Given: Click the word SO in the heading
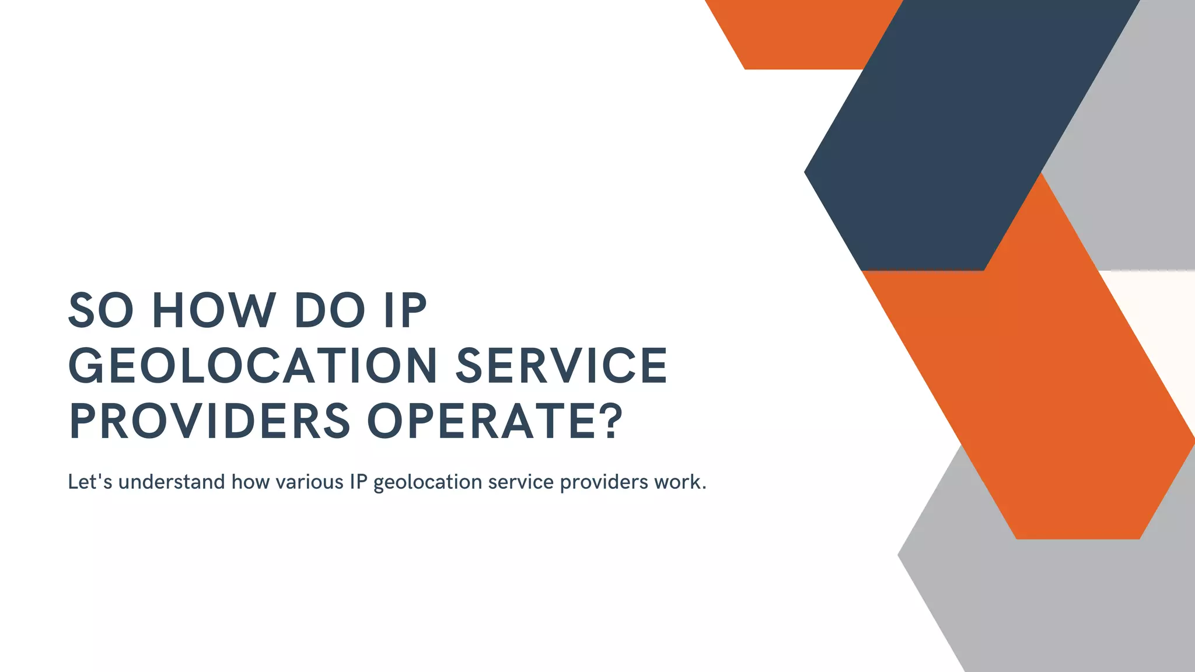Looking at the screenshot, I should pos(101,310).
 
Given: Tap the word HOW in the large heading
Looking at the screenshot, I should pos(214,310).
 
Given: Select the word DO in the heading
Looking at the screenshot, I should pos(330,310).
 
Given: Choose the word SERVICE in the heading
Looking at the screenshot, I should pos(561,366).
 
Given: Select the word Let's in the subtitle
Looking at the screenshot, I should pos(90,482).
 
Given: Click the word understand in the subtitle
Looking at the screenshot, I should pos(172,482).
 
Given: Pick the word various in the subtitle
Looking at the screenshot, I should pos(309,482).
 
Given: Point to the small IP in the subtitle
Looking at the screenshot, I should pos(358,482).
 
